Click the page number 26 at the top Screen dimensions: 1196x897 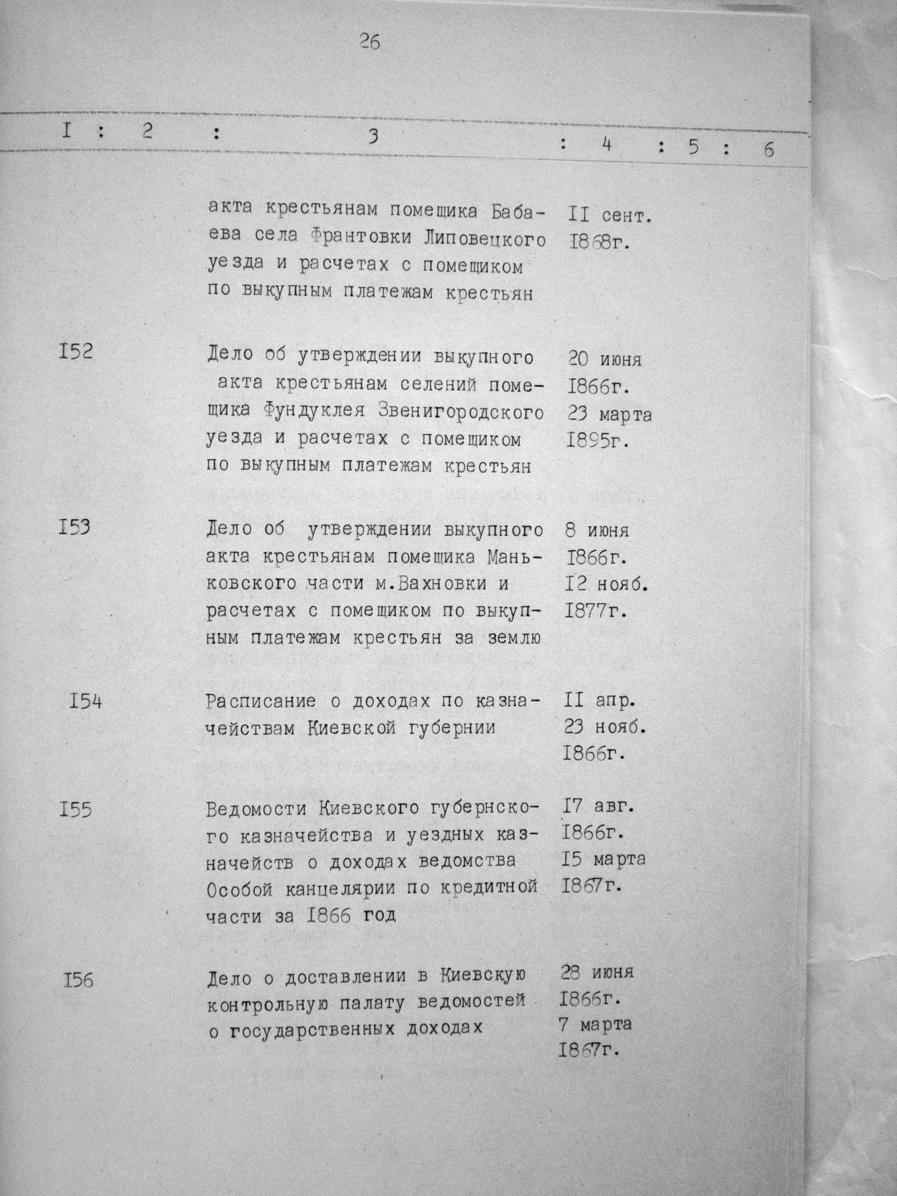[369, 42]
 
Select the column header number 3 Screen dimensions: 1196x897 [372, 138]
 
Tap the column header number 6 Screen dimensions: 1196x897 [768, 150]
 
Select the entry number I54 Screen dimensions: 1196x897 [85, 702]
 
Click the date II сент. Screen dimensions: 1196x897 [610, 216]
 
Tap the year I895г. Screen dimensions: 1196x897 [598, 441]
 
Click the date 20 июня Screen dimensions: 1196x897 [604, 359]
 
